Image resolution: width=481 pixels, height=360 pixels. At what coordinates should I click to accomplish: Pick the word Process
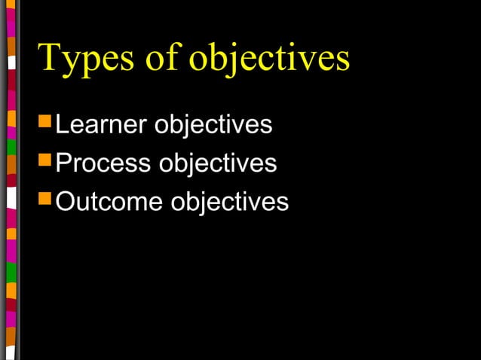(104, 163)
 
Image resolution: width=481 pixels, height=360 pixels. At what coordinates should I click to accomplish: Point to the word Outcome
(110, 202)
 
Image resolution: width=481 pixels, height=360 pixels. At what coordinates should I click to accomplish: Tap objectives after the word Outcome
(230, 202)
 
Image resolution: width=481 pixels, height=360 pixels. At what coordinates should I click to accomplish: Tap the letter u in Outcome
(84, 203)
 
